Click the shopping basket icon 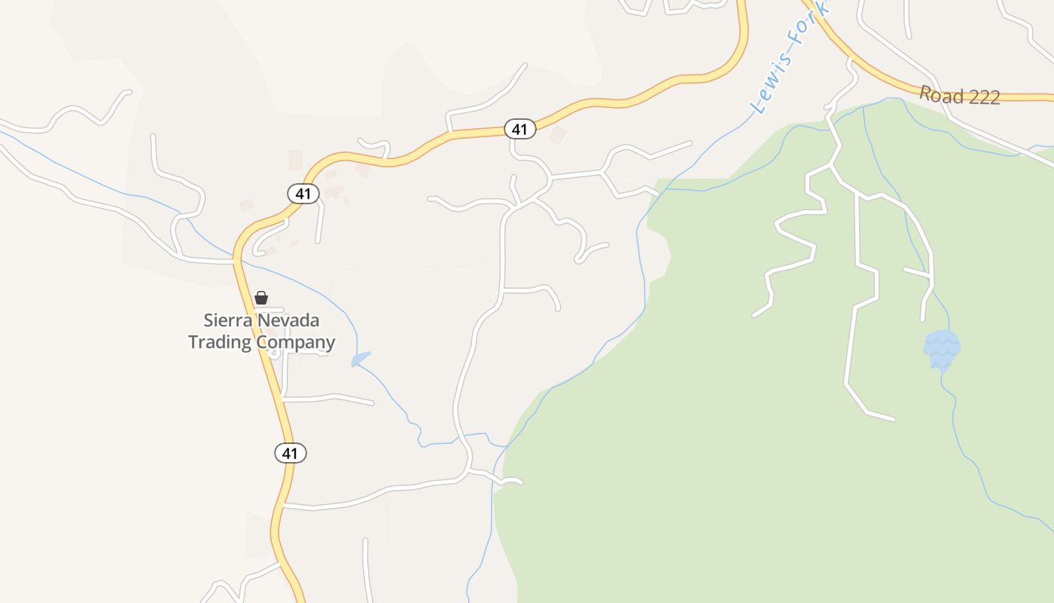pyautogui.click(x=261, y=298)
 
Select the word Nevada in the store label pyautogui.click(x=289, y=320)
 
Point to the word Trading pyautogui.click(x=220, y=342)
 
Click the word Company pyautogui.click(x=296, y=343)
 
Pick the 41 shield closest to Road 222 pyautogui.click(x=519, y=129)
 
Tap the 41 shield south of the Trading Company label pyautogui.click(x=291, y=453)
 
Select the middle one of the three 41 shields pyautogui.click(x=303, y=194)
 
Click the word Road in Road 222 pyautogui.click(x=941, y=95)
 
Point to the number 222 pyautogui.click(x=984, y=97)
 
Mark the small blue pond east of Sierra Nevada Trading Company pyautogui.click(x=361, y=359)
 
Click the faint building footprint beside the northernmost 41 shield pyautogui.click(x=558, y=136)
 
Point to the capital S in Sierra pyautogui.click(x=209, y=320)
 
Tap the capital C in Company pyautogui.click(x=262, y=342)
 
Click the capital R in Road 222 pyautogui.click(x=925, y=93)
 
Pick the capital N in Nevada pyautogui.click(x=264, y=320)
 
